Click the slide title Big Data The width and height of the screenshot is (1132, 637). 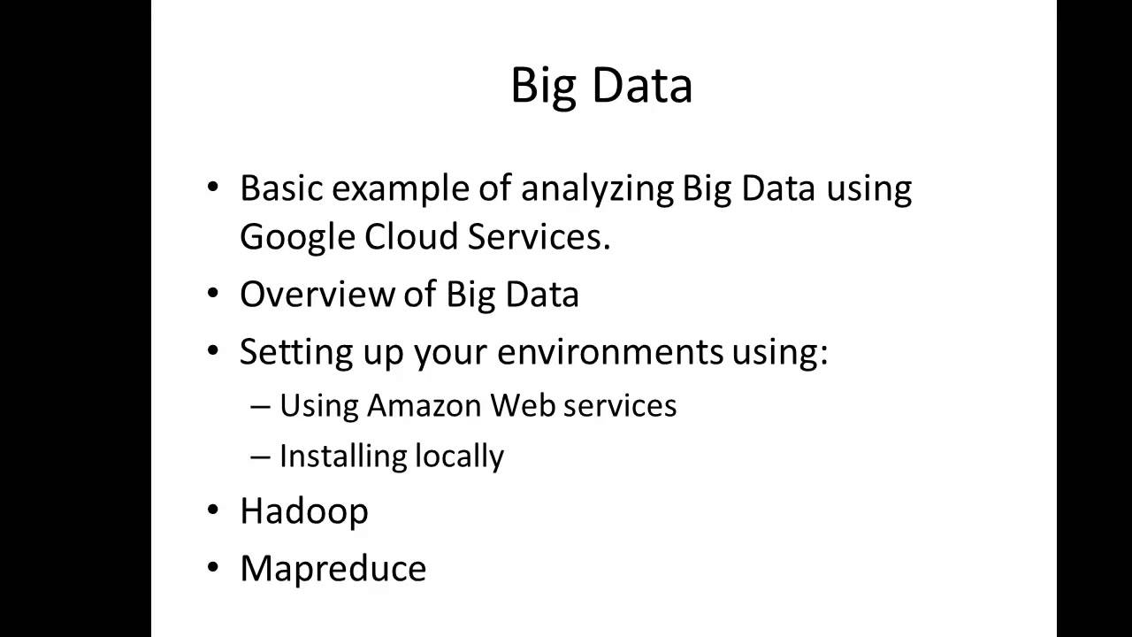(601, 87)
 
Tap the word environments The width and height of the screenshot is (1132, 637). (609, 351)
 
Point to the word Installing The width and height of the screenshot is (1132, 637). (330, 457)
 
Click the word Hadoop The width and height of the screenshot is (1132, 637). (303, 511)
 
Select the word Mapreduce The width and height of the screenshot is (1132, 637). (333, 568)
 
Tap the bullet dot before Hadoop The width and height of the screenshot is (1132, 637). (212, 510)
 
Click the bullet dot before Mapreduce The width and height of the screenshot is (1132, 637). (212, 567)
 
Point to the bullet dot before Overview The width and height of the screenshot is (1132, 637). (212, 294)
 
